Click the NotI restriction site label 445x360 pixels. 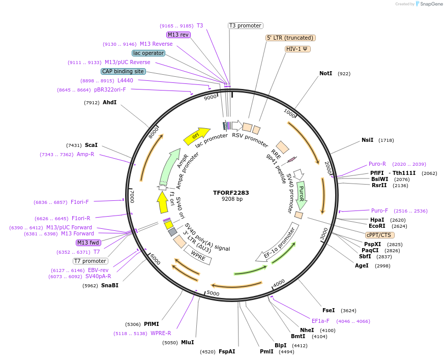[x=325, y=74]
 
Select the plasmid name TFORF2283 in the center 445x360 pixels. [x=231, y=193]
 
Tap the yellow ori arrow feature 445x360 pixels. [x=196, y=135]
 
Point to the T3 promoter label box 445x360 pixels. [x=245, y=26]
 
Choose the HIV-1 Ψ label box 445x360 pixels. [x=298, y=49]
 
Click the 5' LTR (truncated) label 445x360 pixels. [x=290, y=38]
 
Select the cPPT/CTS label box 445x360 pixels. [x=379, y=235]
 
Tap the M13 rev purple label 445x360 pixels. [x=178, y=35]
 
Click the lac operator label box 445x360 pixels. [x=148, y=53]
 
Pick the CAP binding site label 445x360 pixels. [x=123, y=72]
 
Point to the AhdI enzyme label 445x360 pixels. [x=109, y=103]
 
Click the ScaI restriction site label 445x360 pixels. [x=91, y=145]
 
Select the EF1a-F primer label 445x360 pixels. [x=320, y=321]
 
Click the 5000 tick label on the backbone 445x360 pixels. [x=213, y=293]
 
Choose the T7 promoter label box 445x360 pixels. [x=90, y=261]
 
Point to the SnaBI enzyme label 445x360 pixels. [x=109, y=286]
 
